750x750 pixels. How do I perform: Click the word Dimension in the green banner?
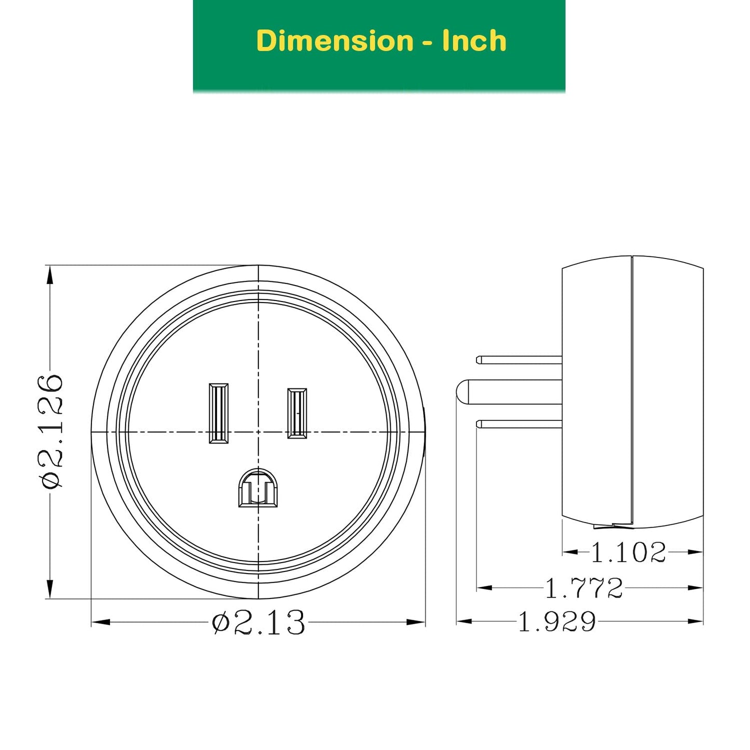[x=335, y=40]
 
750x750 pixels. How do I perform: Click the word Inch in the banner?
[x=474, y=40]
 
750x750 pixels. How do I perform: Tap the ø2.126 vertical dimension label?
[x=50, y=431]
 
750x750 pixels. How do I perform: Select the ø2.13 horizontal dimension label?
[x=258, y=622]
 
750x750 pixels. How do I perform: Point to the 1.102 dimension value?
[x=628, y=552]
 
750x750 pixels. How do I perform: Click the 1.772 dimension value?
[x=584, y=588]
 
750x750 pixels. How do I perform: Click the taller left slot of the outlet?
[x=219, y=413]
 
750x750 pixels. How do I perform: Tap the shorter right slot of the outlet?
[x=297, y=413]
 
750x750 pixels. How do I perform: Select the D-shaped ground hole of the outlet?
[x=258, y=488]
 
